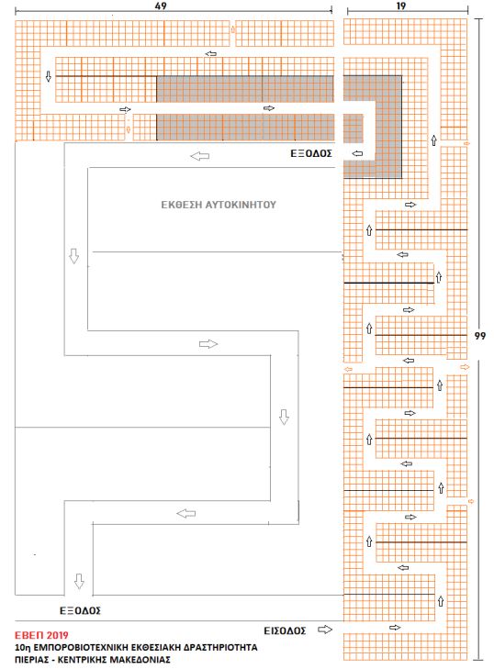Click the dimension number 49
(x=161, y=6)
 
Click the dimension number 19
(x=401, y=6)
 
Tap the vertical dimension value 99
(x=480, y=336)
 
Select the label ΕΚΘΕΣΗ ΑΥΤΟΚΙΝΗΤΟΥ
(x=219, y=205)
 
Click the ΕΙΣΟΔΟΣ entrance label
(x=285, y=630)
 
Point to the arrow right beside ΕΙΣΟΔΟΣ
(x=325, y=630)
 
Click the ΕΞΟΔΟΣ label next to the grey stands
(x=311, y=153)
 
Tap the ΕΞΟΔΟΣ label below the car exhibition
(x=80, y=610)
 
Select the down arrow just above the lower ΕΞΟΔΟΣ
(x=79, y=581)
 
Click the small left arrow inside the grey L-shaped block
(x=358, y=153)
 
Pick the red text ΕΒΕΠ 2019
(x=41, y=635)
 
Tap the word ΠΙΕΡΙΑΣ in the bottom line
(x=32, y=660)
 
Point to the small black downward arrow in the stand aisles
(x=49, y=76)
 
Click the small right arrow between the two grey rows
(x=268, y=108)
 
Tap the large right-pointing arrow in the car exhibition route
(x=208, y=344)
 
